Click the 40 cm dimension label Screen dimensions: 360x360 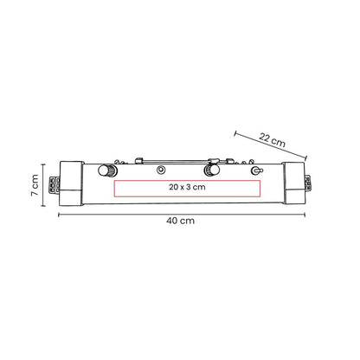point(180,221)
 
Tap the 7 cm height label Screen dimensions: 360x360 point(35,185)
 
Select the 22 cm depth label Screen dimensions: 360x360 point(272,140)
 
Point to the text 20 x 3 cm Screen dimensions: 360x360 point(187,187)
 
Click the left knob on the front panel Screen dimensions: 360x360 point(107,170)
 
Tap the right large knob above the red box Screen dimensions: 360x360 point(211,170)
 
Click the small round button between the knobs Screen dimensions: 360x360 point(161,170)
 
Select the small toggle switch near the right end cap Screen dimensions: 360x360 point(256,170)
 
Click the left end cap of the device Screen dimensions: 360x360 point(71,183)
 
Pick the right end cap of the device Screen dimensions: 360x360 point(293,183)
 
